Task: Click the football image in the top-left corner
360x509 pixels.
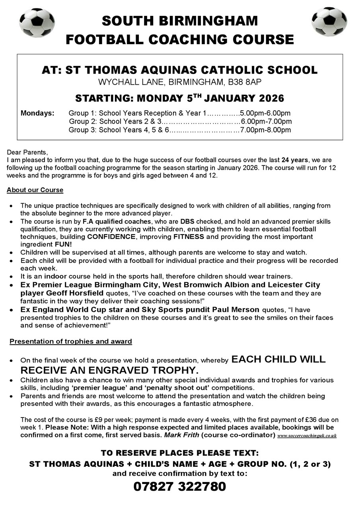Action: click(x=37, y=23)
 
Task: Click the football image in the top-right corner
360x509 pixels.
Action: click(x=329, y=22)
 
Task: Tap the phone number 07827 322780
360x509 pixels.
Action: click(x=180, y=486)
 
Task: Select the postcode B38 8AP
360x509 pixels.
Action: click(x=247, y=83)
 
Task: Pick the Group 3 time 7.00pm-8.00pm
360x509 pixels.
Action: click(x=265, y=130)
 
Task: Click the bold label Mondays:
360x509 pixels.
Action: click(x=37, y=113)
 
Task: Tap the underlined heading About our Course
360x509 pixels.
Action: click(x=35, y=190)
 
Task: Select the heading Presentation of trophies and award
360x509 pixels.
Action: click(x=71, y=341)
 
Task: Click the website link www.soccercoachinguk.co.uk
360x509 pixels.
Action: click(x=307, y=435)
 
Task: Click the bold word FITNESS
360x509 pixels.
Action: click(x=189, y=237)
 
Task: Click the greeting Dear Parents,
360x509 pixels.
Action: click(x=27, y=152)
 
